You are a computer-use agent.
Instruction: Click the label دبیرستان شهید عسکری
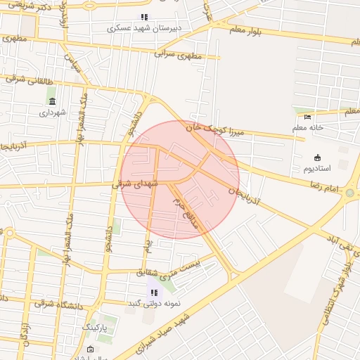[x=144, y=29]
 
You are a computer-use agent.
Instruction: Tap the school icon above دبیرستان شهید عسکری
[x=144, y=17]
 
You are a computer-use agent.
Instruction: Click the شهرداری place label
[x=53, y=112]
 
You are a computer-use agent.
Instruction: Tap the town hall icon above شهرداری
[x=53, y=101]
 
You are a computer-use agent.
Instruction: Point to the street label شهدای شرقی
[x=136, y=184]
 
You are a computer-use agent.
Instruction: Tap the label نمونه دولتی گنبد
[x=153, y=304]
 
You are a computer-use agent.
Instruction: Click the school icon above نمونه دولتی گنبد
[x=153, y=292]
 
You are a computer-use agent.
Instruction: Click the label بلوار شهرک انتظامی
[x=336, y=289]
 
